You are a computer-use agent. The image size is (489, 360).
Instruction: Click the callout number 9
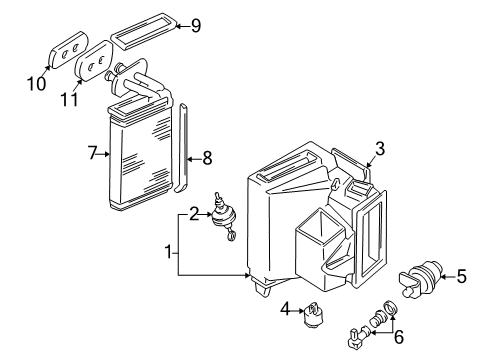(x=196, y=26)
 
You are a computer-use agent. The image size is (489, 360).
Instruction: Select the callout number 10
(x=37, y=83)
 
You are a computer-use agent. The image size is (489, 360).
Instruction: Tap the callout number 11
(x=69, y=99)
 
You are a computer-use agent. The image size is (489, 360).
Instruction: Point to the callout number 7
(x=92, y=153)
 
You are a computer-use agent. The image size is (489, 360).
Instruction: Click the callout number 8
(x=207, y=158)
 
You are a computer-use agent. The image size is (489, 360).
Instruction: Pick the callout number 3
(x=380, y=149)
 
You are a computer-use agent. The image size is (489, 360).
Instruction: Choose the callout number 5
(x=461, y=276)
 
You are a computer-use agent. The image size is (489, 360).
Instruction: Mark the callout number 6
(x=399, y=337)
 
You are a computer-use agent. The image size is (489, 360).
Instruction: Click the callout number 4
(x=285, y=309)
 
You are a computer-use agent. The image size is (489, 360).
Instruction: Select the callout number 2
(x=194, y=214)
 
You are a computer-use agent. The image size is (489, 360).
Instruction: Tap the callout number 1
(x=169, y=252)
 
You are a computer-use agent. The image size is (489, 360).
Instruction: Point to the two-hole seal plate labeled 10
(x=69, y=50)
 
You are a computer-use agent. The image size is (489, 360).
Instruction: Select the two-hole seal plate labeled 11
(x=95, y=61)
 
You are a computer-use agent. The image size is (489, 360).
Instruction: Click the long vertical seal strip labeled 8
(x=182, y=148)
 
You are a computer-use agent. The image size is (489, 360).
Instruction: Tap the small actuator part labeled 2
(x=223, y=216)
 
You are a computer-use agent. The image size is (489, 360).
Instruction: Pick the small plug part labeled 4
(x=314, y=315)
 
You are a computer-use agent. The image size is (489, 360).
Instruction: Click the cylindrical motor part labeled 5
(x=420, y=278)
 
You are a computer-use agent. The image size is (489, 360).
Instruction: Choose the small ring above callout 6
(x=391, y=307)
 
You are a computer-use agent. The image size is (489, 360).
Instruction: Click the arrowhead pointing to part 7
(x=107, y=154)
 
